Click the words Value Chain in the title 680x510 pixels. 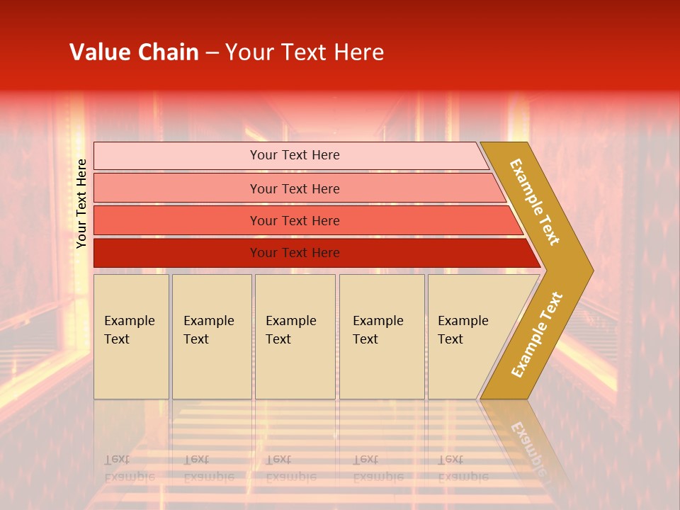[x=134, y=52]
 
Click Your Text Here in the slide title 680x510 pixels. [x=305, y=52]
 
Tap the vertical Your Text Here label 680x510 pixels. [x=82, y=203]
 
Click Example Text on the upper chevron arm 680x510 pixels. [x=535, y=202]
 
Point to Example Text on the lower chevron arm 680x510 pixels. [x=536, y=335]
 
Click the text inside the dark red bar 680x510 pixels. [x=295, y=253]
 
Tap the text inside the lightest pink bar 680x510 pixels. [x=295, y=155]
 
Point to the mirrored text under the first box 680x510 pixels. [x=129, y=468]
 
